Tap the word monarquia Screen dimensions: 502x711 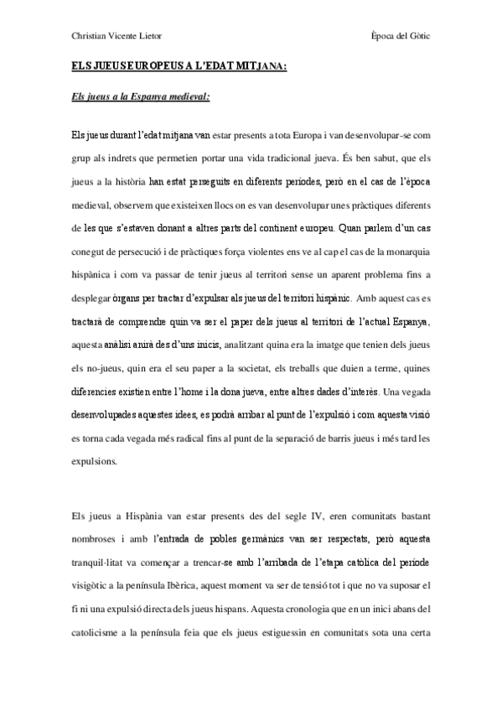click(401, 247)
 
